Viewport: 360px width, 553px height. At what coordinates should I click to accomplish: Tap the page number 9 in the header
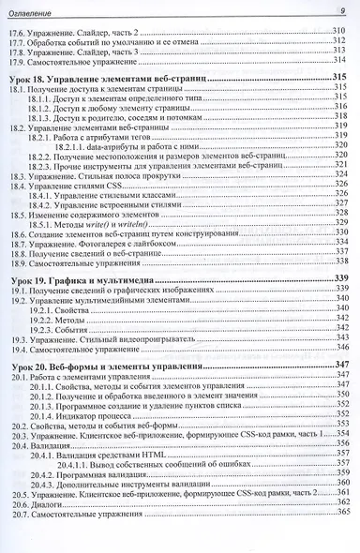340,10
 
